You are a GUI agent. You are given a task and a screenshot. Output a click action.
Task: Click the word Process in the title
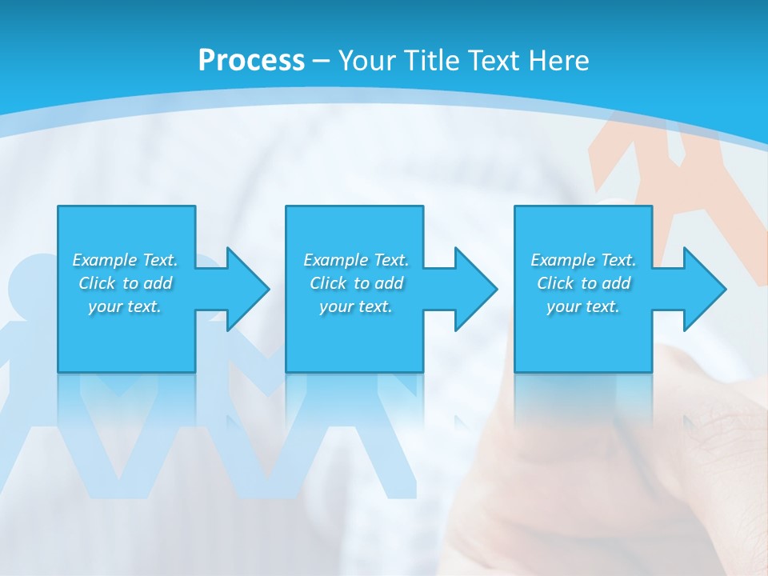click(251, 61)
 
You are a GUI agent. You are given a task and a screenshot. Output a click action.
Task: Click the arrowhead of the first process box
click(247, 289)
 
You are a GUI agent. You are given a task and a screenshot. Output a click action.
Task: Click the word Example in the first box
click(104, 260)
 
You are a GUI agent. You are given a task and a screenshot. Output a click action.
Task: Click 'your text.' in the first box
click(125, 306)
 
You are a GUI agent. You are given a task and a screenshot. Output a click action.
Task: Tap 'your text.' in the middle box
click(356, 306)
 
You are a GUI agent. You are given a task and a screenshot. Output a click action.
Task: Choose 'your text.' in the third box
click(583, 306)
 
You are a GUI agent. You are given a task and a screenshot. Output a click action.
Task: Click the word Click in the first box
click(96, 283)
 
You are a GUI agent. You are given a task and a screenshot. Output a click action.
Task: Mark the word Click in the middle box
click(327, 283)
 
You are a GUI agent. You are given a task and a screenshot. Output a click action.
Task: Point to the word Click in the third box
click(555, 283)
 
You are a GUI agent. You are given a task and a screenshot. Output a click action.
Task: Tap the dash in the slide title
click(321, 62)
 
